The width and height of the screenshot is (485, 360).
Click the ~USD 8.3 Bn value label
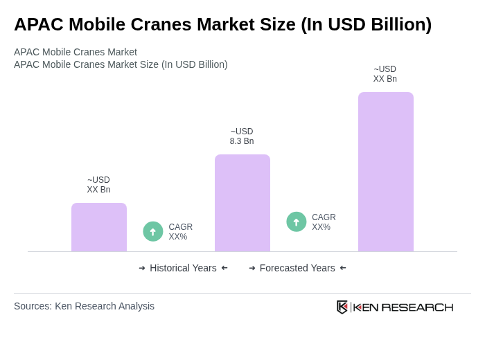[242, 136]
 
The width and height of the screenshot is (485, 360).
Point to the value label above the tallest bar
[385, 74]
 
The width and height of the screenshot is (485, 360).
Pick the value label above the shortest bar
[99, 185]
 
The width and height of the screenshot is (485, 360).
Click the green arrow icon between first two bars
[153, 232]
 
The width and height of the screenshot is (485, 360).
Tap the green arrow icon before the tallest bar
[297, 222]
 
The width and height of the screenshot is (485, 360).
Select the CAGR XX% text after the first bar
[180, 232]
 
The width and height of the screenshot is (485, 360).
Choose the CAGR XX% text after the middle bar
[324, 222]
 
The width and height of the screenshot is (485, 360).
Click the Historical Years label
[183, 268]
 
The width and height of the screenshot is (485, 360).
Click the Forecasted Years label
[297, 268]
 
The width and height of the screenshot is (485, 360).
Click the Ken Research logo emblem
[342, 307]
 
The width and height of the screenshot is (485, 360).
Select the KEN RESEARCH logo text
[403, 307]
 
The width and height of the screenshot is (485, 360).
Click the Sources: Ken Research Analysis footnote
[84, 306]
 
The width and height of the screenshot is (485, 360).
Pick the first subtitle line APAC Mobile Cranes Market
[76, 52]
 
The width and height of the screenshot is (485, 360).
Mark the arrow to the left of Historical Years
[142, 268]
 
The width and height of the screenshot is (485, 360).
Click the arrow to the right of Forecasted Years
[343, 268]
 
